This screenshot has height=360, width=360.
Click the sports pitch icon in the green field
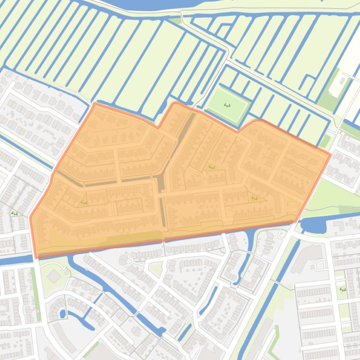tap(228, 105)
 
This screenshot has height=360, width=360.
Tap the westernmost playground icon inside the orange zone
tap(84, 202)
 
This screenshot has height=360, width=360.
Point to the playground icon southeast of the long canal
tap(342, 289)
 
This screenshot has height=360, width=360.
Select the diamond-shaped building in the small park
tap(54, 276)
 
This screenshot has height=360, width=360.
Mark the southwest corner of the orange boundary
tap(37, 257)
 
